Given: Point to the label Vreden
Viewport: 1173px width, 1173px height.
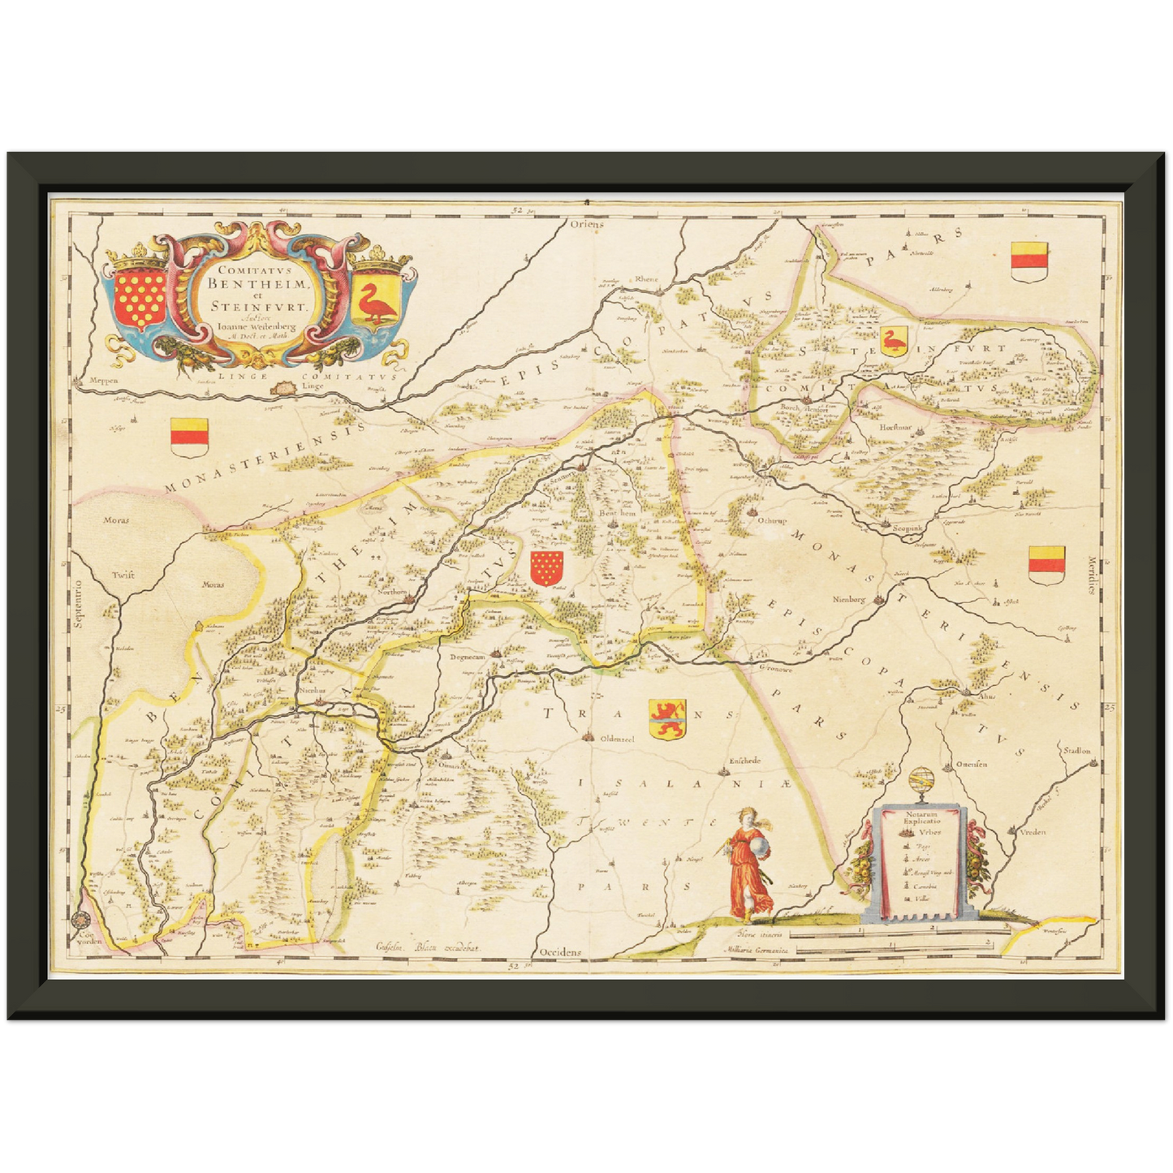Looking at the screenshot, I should point(1032,832).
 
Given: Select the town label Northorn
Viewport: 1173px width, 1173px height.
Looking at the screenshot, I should point(391,593).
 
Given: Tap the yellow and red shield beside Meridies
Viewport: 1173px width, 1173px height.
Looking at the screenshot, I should point(1046,564).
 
